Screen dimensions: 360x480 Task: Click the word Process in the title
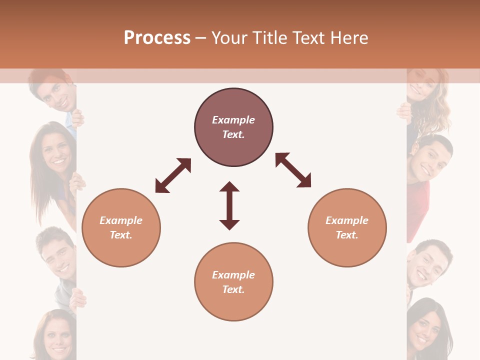tap(157, 38)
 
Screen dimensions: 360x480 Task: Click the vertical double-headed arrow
tap(229, 205)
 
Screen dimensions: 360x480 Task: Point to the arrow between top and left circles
tap(173, 175)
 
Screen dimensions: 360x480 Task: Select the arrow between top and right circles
tap(293, 170)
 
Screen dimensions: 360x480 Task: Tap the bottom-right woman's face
tap(424, 327)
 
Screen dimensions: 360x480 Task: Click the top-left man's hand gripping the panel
tap(78, 118)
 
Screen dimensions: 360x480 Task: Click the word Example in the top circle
tap(233, 120)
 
